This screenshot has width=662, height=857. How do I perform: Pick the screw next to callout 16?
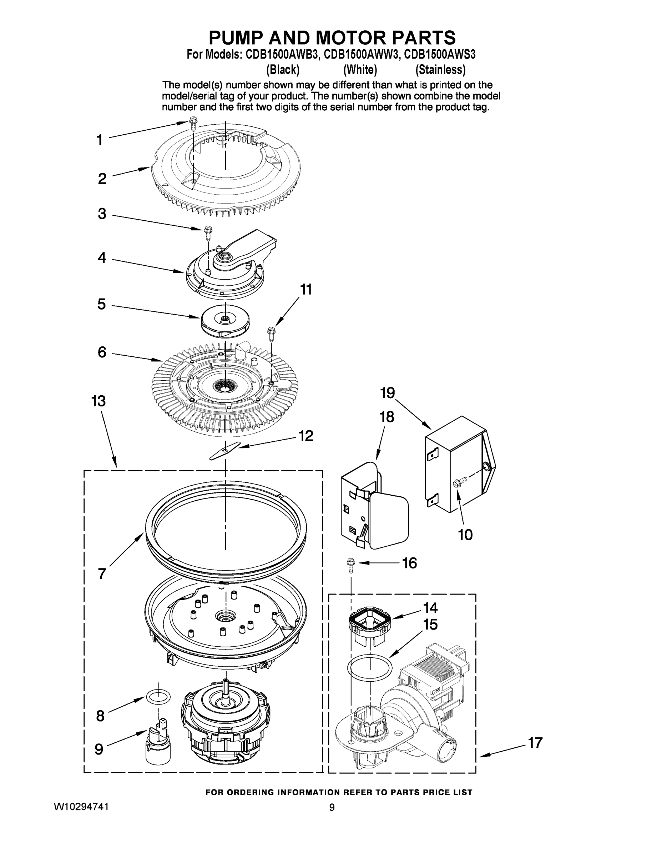coord(350,564)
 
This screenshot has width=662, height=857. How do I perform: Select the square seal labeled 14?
coord(370,620)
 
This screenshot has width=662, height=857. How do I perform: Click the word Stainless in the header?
coord(440,70)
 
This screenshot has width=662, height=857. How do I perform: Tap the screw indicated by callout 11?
coord(271,332)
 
